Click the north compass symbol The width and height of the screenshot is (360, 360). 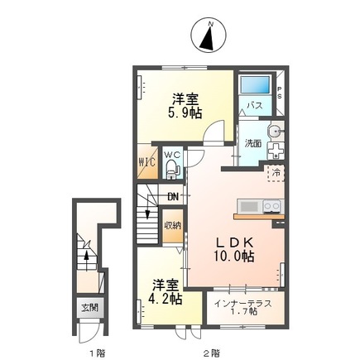[x=209, y=36]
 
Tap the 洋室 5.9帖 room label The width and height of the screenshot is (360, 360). [x=185, y=106]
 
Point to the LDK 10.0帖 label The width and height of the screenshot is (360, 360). [x=234, y=250]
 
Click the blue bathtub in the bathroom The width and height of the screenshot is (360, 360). [x=255, y=84]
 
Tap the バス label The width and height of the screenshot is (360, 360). [x=255, y=105]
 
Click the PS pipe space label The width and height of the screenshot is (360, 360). [x=280, y=93]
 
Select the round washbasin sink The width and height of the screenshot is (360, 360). [x=276, y=131]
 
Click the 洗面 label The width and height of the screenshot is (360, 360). [x=253, y=144]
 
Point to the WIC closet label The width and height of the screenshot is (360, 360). [x=147, y=161]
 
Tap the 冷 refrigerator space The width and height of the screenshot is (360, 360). [x=276, y=173]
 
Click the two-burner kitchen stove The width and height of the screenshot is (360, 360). [x=273, y=206]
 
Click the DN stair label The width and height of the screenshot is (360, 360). [x=173, y=197]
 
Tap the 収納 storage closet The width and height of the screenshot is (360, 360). [x=173, y=226]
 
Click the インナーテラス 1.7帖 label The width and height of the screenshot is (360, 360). [x=242, y=308]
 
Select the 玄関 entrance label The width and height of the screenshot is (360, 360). [x=90, y=307]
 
